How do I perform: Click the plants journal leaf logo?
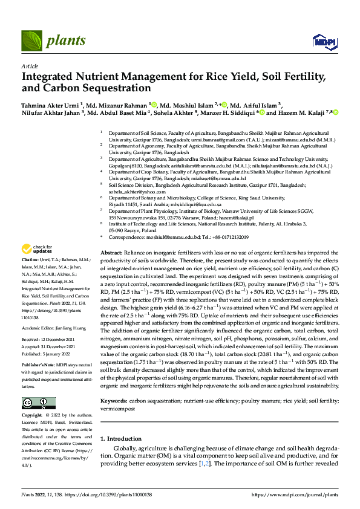(32, 41)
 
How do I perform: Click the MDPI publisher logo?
(321, 41)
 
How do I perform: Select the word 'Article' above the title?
(29, 66)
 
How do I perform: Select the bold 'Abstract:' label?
(111, 251)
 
